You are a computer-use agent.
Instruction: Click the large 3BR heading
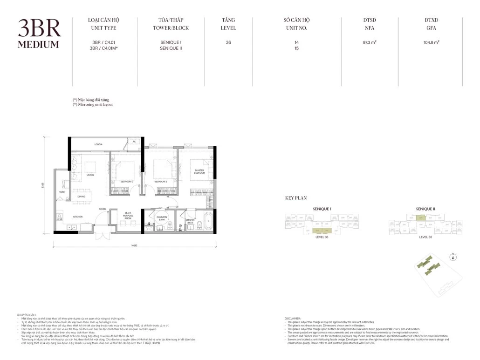tap(39, 29)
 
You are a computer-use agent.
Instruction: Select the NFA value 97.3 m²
tap(370, 42)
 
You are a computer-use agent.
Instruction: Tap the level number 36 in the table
tap(228, 42)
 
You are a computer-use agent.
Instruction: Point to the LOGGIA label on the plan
tap(98, 144)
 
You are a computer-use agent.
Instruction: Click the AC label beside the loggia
tap(134, 142)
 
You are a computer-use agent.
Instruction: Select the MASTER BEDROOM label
tap(200, 172)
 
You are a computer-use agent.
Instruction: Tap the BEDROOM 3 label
tap(127, 181)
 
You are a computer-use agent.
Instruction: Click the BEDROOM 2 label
tap(161, 181)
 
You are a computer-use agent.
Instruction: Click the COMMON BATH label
tap(162, 218)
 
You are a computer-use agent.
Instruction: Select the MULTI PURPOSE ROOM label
tap(129, 217)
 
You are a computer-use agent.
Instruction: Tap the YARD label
tap(62, 192)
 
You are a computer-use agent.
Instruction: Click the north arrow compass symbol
tap(453, 256)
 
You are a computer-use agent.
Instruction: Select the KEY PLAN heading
tap(296, 198)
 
